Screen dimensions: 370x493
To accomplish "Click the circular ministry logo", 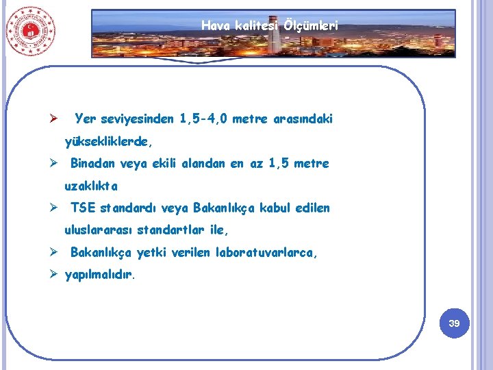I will (30, 32).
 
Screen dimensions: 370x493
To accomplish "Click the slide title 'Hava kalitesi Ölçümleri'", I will (270, 26).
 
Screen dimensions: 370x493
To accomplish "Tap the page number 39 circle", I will (454, 322).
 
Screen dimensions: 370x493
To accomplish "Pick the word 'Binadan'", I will (92, 164).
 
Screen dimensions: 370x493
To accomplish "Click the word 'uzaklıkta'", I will (91, 186).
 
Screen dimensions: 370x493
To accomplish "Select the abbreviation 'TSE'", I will (83, 208).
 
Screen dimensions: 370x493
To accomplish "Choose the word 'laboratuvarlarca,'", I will (267, 253).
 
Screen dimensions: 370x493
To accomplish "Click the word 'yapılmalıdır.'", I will (100, 275).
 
